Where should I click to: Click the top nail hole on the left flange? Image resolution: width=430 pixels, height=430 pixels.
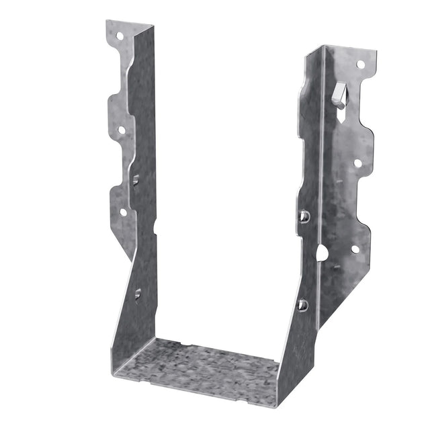click(119, 36)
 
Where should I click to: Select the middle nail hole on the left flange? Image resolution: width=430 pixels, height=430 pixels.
click(122, 130)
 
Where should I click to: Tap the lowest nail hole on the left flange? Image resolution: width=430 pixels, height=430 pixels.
click(123, 212)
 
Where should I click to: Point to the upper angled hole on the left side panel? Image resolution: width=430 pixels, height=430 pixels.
click(136, 179)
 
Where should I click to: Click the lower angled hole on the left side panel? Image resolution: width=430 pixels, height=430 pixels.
click(138, 294)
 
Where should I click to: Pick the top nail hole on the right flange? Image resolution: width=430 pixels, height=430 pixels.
click(360, 64)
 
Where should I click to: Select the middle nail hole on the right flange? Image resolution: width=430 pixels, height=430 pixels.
click(357, 163)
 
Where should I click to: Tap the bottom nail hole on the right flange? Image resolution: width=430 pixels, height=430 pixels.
click(355, 249)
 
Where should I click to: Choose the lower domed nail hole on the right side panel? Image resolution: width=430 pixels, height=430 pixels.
click(303, 305)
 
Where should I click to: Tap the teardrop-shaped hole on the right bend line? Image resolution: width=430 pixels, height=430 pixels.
click(322, 253)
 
